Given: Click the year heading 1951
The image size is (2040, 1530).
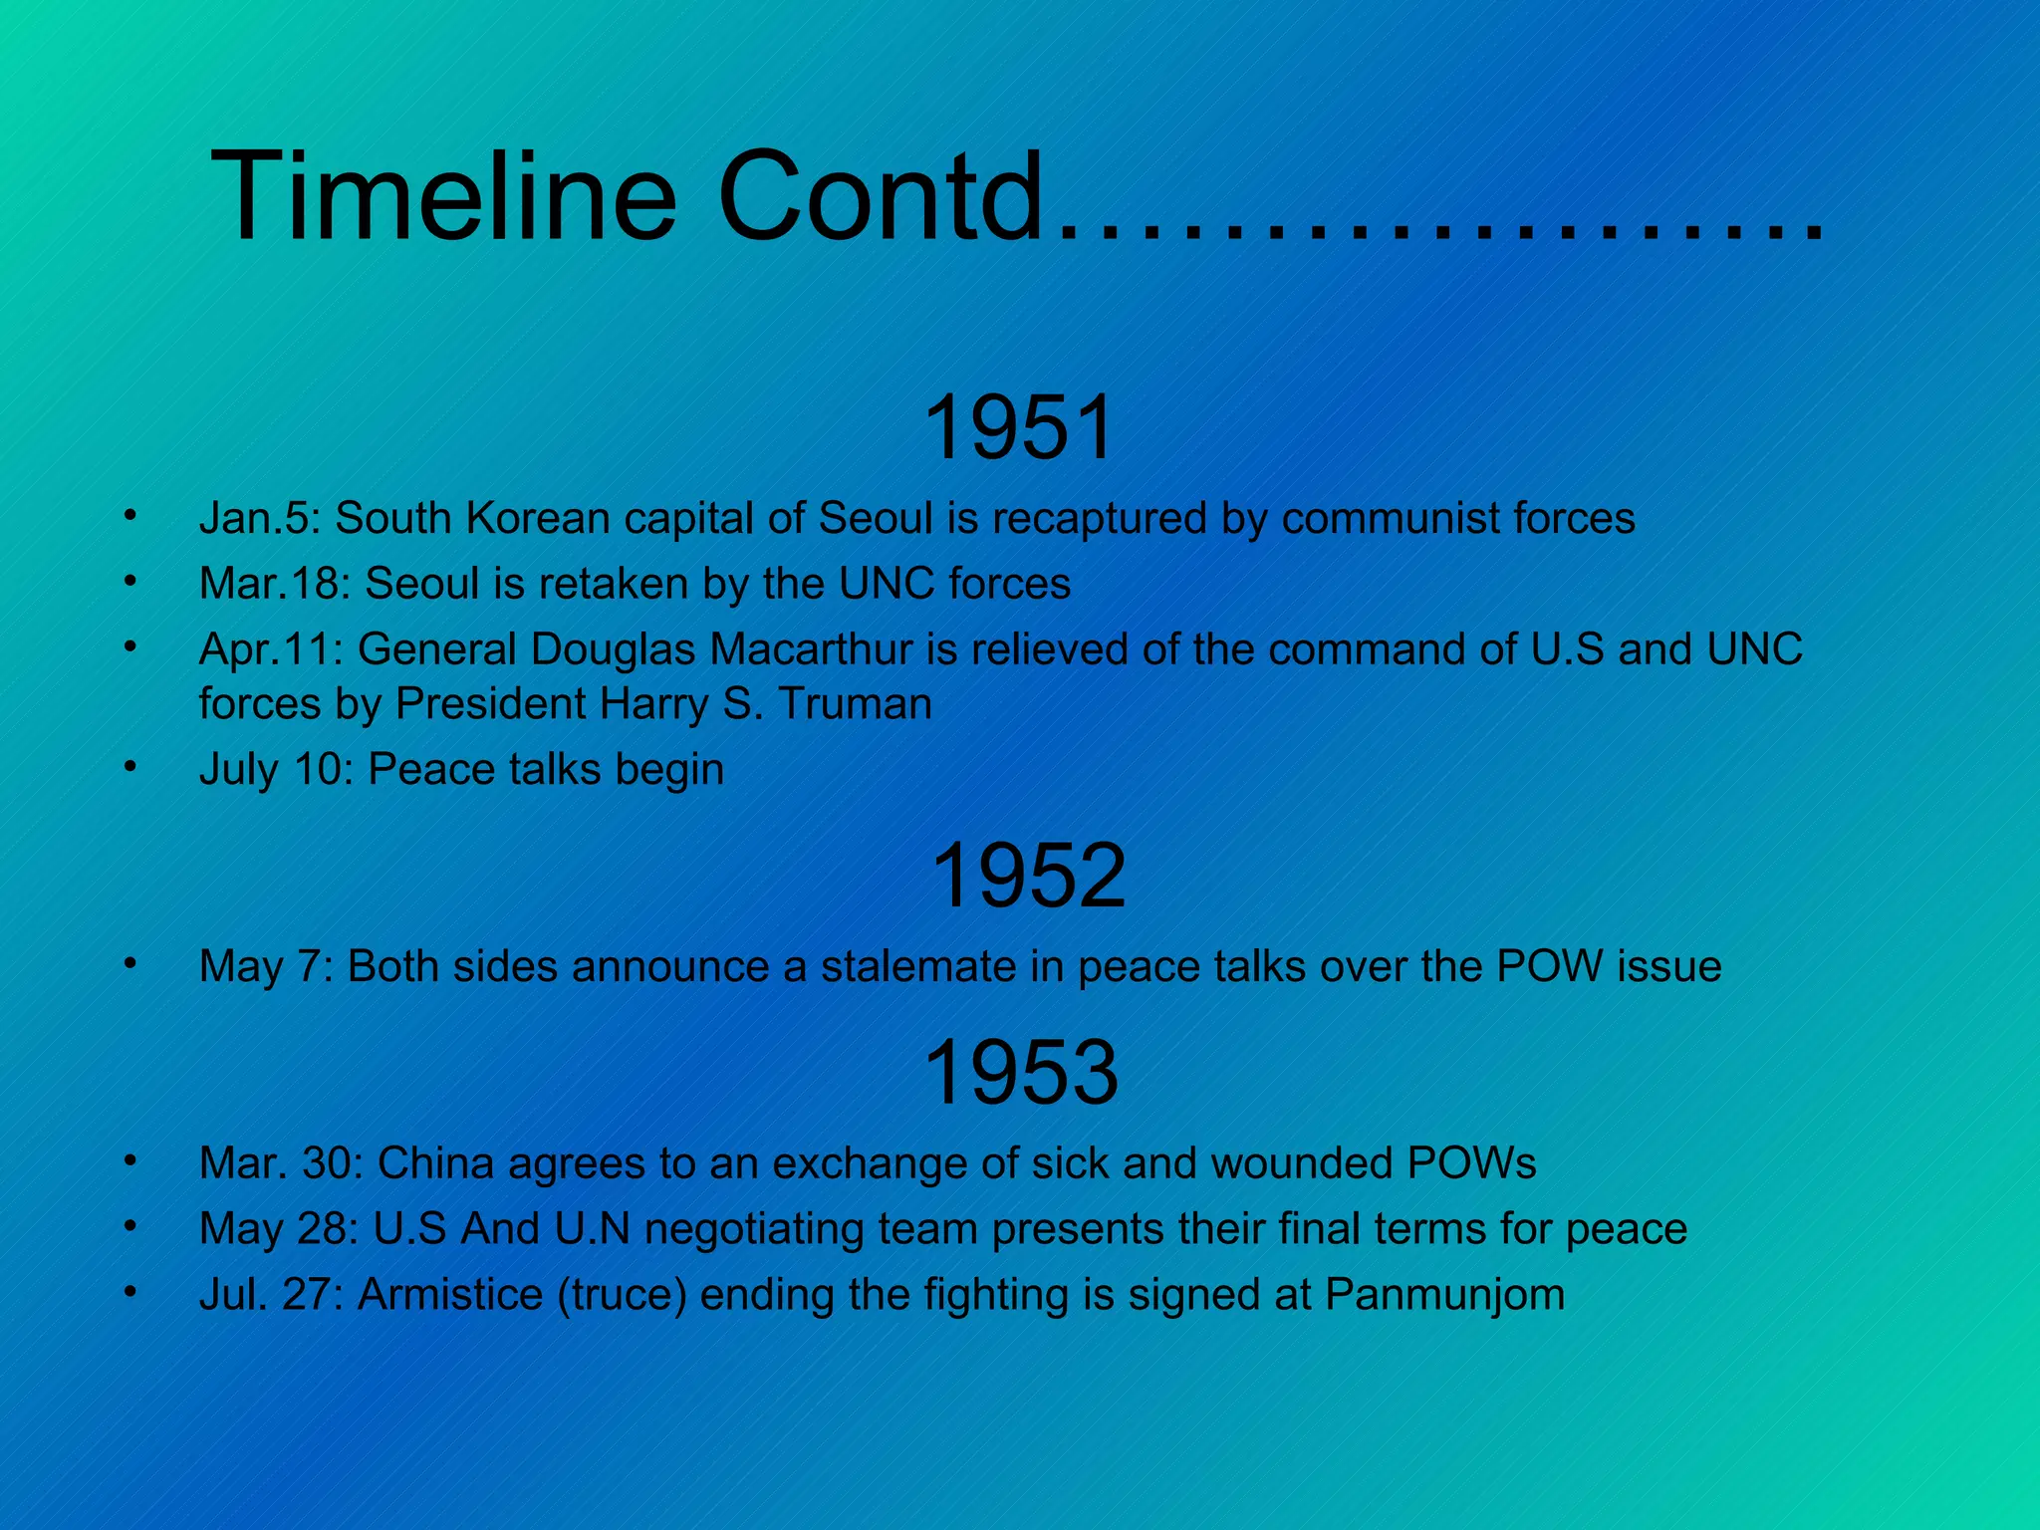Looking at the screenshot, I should click(1018, 428).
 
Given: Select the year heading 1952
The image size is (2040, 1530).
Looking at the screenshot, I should click(1027, 876).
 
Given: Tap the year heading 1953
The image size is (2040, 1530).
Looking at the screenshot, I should click(1020, 1073).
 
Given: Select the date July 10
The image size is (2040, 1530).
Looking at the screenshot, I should click(275, 770).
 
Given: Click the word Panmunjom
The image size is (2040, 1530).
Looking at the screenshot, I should click(1444, 1295).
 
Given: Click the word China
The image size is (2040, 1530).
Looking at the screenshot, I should click(435, 1163).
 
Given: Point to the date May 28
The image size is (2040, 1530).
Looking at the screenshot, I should click(278, 1229).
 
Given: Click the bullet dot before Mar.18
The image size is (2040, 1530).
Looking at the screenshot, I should click(128, 581).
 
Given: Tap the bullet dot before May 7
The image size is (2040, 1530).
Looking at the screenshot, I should click(128, 963).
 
